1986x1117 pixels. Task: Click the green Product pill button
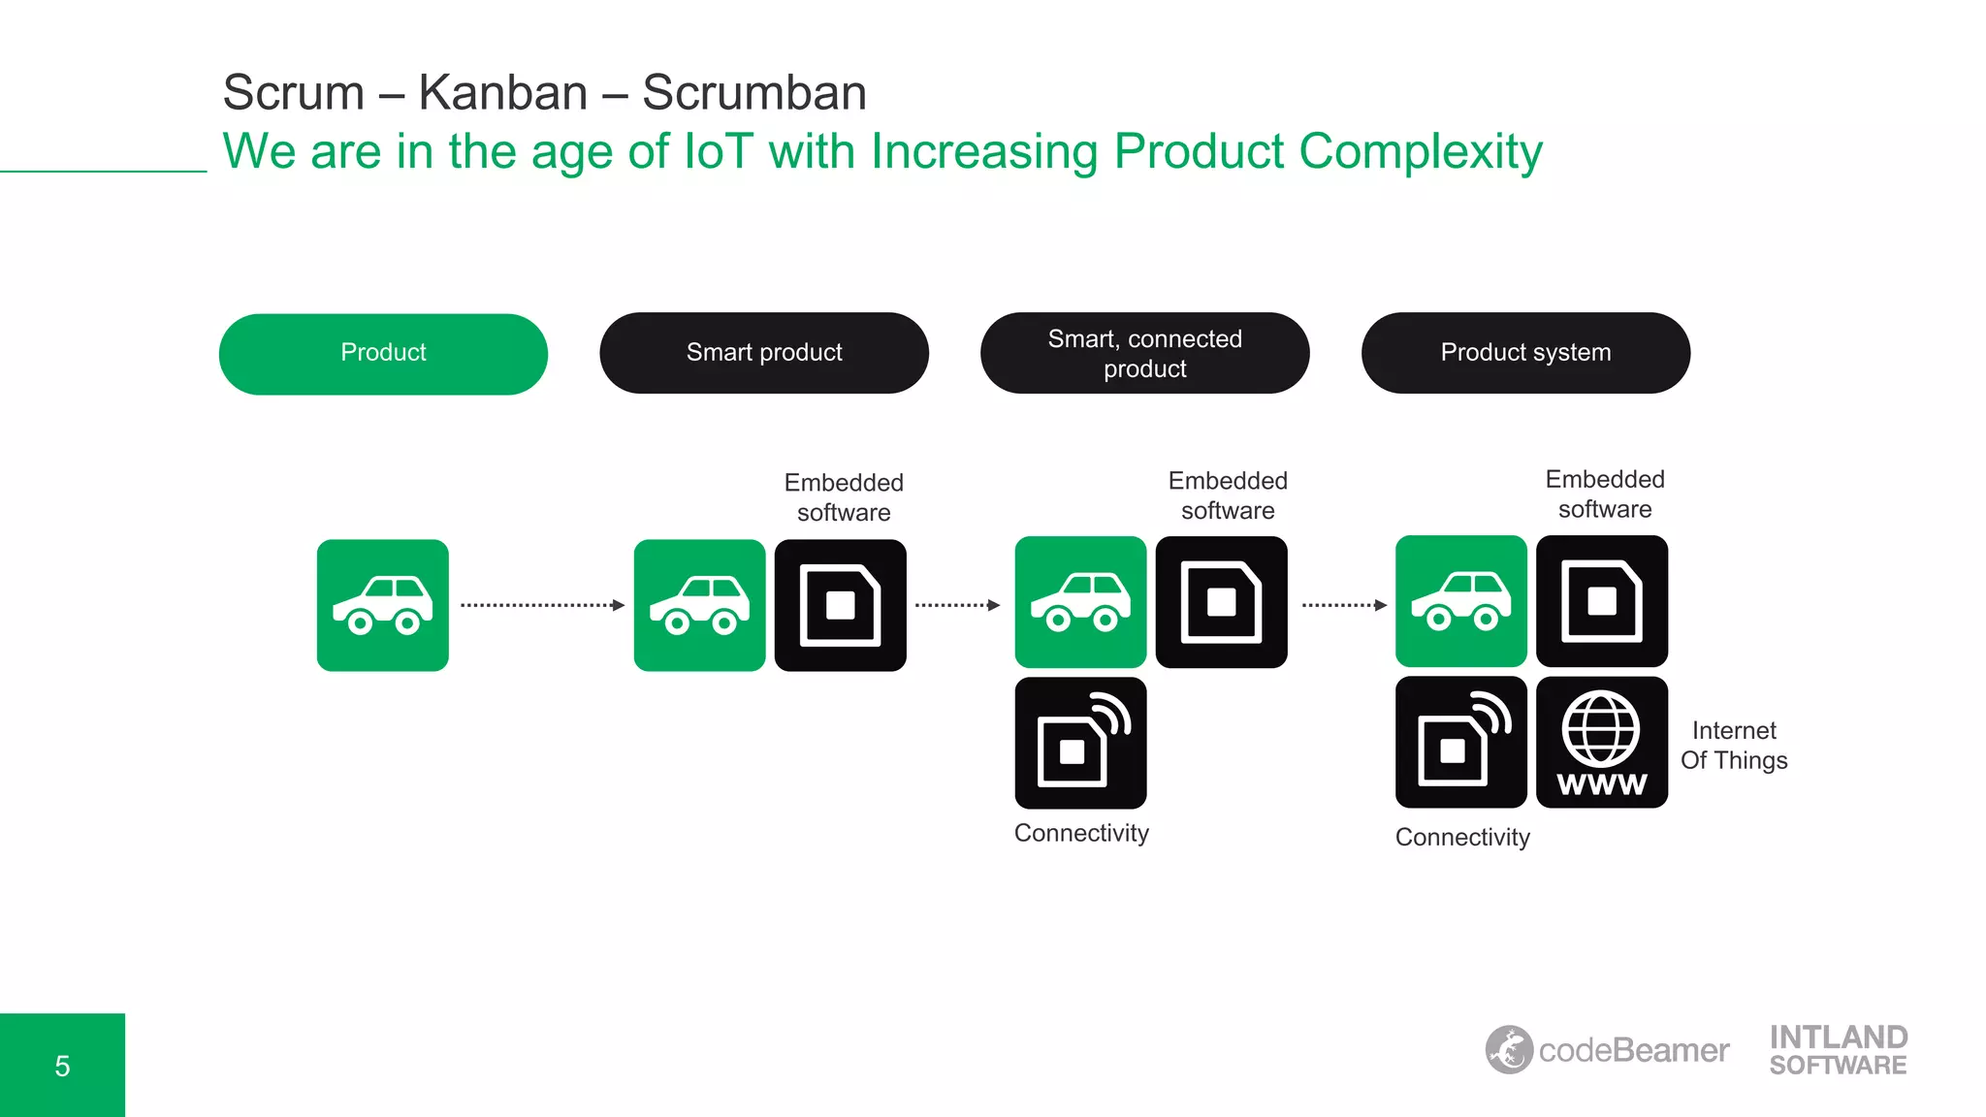tap(383, 353)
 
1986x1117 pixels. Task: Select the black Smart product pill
tap(764, 353)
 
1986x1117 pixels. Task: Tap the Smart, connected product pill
tap(1144, 353)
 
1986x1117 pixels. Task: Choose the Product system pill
tap(1525, 353)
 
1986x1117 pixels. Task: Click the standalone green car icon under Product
tap(383, 605)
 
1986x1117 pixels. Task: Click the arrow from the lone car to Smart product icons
tap(542, 605)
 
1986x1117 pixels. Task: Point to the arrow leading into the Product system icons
tap(1343, 605)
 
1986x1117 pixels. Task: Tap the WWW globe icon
tap(1602, 743)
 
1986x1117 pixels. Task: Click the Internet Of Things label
tap(1734, 745)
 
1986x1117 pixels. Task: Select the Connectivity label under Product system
tap(1462, 837)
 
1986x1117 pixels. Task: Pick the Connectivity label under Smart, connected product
tap(1081, 833)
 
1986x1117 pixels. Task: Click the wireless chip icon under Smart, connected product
tap(1080, 743)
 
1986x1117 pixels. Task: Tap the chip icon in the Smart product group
tap(840, 605)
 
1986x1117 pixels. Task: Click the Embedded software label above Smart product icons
tap(844, 497)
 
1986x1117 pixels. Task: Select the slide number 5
tap(62, 1066)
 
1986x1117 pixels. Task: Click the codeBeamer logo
tap(1607, 1050)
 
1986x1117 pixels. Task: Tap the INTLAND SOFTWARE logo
tap(1838, 1050)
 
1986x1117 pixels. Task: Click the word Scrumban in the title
tap(753, 93)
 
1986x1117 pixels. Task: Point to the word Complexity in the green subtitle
tap(1420, 152)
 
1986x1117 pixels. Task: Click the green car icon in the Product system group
tap(1460, 601)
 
